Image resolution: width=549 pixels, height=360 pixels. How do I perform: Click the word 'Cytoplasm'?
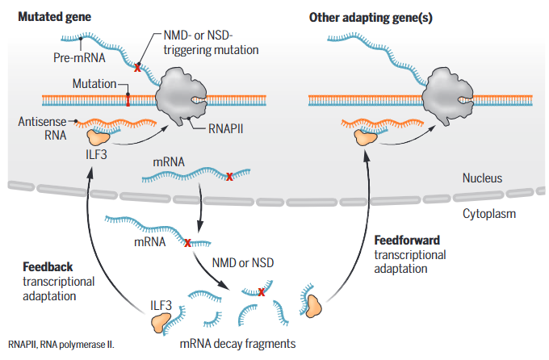pyautogui.click(x=488, y=214)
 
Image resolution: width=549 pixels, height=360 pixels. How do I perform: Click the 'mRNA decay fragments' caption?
pyautogui.click(x=237, y=343)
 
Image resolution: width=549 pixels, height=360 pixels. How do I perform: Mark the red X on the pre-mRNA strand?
pyautogui.click(x=137, y=69)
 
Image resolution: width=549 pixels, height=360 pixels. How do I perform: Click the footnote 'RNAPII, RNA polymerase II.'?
pyautogui.click(x=61, y=344)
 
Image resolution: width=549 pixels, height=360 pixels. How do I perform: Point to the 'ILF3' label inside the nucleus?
pyautogui.click(x=97, y=153)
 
